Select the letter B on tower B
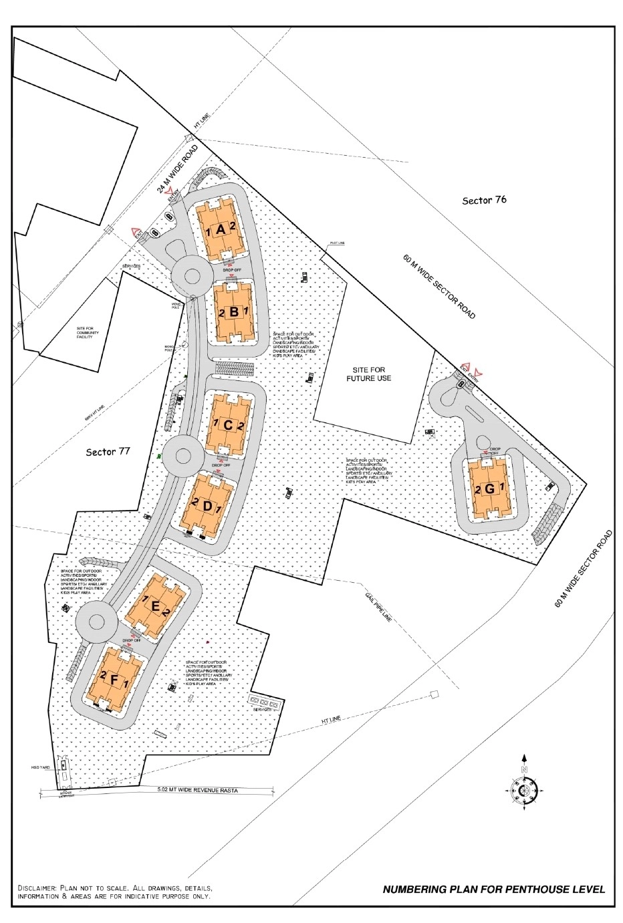coord(233,311)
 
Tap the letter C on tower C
coord(227,425)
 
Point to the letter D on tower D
coord(207,505)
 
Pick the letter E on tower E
coord(155,606)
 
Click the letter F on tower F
coord(115,680)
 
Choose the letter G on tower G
coord(489,489)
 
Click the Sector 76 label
coord(484,200)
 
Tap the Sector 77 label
coord(108,452)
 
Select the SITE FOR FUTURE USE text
coord(368,374)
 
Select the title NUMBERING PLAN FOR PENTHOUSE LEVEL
coord(493,889)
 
